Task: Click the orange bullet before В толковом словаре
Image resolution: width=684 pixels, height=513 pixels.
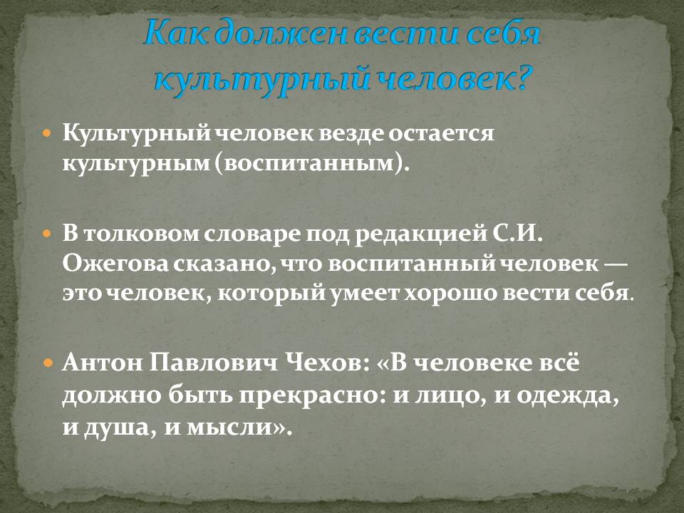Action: tap(48, 234)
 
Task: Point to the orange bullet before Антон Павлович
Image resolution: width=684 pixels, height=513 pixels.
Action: tap(48, 362)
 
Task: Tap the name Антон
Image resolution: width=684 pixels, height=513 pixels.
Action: tap(103, 363)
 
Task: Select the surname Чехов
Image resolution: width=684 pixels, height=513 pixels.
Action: tap(328, 363)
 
